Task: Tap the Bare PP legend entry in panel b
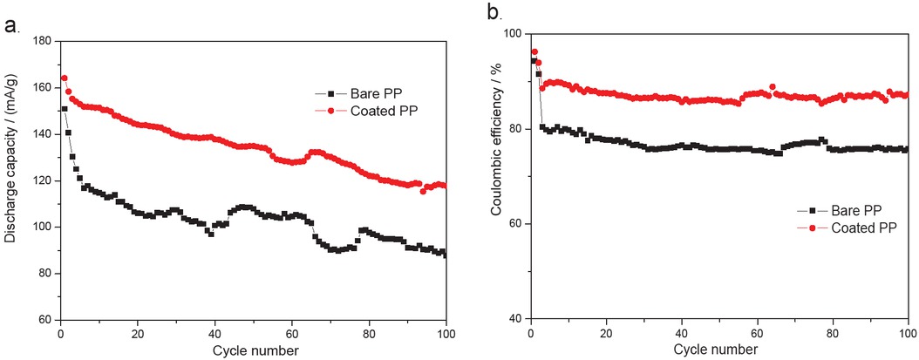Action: [x=854, y=211]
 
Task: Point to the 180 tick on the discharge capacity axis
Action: [x=40, y=41]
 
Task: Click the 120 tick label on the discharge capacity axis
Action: [x=40, y=180]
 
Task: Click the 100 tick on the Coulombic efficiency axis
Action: [x=512, y=33]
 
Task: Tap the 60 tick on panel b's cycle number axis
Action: [x=758, y=333]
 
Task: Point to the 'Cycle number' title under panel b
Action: [x=719, y=350]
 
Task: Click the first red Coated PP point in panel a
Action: [x=64, y=78]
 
